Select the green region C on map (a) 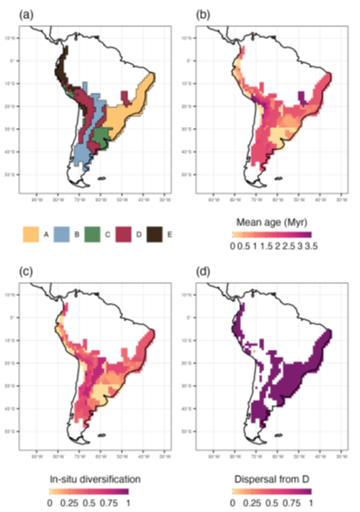(101, 135)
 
